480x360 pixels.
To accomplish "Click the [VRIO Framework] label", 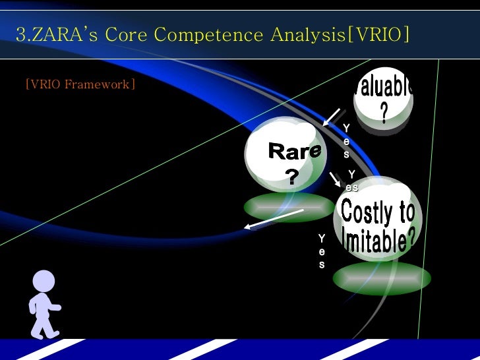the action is click(80, 84).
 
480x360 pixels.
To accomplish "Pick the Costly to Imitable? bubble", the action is click(377, 221).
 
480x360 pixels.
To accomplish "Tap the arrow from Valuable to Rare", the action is click(331, 117).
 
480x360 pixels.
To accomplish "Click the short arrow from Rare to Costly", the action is click(335, 179).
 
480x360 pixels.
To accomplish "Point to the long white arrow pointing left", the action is click(274, 219).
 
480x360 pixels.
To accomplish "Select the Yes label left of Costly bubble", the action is click(322, 251).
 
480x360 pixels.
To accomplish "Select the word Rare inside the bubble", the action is click(294, 152).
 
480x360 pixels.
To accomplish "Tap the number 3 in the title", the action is click(20, 34).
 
